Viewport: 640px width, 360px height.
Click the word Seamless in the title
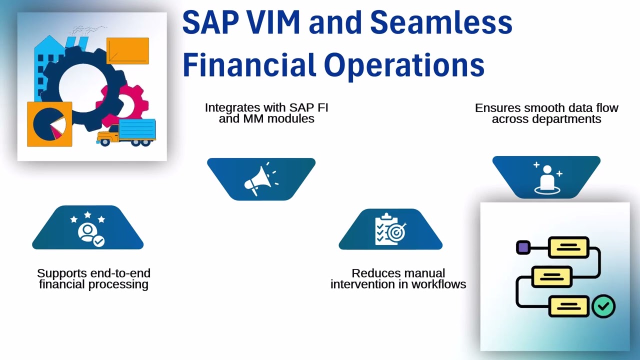[x=441, y=23]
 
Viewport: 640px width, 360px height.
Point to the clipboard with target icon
[x=390, y=229]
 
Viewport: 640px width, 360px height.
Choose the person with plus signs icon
[x=546, y=177]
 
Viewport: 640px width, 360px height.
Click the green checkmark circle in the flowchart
[x=603, y=306]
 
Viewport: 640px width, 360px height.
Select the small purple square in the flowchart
[x=523, y=247]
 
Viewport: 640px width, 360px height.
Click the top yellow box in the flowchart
[x=568, y=247]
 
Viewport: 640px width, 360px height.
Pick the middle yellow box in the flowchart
[x=551, y=276]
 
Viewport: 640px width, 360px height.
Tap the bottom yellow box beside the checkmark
[x=568, y=306]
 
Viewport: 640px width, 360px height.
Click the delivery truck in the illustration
[x=127, y=132]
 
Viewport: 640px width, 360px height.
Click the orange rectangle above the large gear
[x=127, y=50]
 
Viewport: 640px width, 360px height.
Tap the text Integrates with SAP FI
[x=266, y=107]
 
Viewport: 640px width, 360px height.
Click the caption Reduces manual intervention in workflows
[x=398, y=279]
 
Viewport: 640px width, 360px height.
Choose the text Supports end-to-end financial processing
[x=93, y=279]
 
